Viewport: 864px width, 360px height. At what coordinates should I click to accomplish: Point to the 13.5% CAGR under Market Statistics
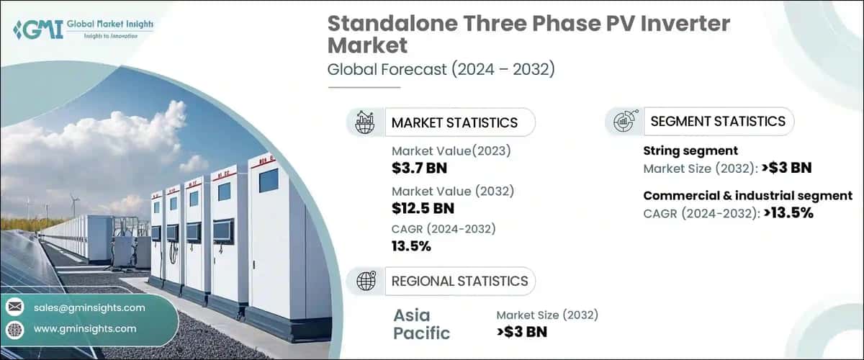[411, 246]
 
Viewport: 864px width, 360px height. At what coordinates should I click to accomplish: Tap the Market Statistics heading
[454, 122]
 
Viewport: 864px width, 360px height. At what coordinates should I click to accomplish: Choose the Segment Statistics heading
[718, 121]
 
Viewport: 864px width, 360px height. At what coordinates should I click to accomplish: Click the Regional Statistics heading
[459, 281]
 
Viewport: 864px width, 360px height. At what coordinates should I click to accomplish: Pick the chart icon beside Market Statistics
[365, 122]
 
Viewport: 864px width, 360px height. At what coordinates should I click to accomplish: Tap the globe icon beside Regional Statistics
[366, 281]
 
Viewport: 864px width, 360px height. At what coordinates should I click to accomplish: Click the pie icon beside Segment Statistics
[624, 122]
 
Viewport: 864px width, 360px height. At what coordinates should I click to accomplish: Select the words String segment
[690, 152]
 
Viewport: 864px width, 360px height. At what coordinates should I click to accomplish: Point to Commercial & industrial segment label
[747, 196]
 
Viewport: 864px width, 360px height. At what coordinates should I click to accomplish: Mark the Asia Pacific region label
[421, 323]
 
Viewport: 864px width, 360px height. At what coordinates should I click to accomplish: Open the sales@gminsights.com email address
[89, 307]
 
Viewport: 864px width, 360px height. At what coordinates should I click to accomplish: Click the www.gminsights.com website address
[84, 328]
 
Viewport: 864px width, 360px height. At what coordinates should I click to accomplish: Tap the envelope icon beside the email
[14, 307]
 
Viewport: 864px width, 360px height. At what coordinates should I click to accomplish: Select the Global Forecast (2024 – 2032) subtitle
[441, 70]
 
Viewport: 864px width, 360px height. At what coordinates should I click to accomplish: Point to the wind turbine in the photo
[73, 205]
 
